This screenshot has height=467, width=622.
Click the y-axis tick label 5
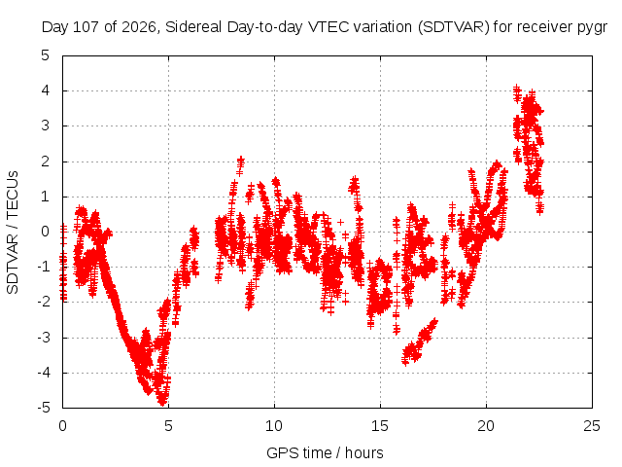pos(46,55)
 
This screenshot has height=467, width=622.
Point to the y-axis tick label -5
pos(44,408)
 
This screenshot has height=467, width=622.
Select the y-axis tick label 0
pos(46,232)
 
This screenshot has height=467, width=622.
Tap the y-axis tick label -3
pos(44,338)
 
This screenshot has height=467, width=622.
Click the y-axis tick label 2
pos(46,162)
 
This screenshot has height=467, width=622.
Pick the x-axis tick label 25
pos(592,426)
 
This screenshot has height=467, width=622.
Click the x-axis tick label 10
pos(274,426)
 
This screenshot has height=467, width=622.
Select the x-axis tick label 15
pos(380,426)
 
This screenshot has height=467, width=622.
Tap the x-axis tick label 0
pos(62,426)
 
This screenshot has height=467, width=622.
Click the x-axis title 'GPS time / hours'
pos(325,452)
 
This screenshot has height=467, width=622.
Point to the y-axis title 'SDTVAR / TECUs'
pos(13,233)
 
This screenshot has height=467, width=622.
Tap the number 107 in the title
pos(86,27)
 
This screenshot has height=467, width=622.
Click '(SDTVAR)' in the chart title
pos(454,27)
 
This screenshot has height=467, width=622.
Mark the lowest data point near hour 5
pos(162,402)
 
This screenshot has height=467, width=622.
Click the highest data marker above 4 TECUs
pos(516,87)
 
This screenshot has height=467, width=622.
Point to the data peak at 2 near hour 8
pos(241,160)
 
